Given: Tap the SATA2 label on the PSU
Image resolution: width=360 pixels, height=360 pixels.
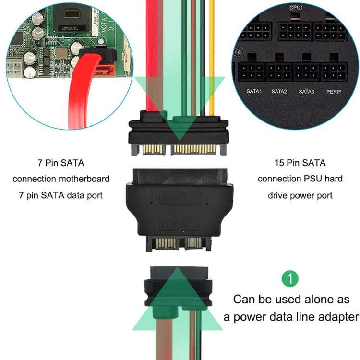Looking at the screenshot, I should click(x=279, y=91).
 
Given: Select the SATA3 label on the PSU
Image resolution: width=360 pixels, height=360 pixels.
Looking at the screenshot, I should click(x=306, y=91).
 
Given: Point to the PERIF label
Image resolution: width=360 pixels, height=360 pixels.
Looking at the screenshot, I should click(x=334, y=91).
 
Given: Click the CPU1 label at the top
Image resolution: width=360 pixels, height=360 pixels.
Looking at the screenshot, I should click(x=296, y=8).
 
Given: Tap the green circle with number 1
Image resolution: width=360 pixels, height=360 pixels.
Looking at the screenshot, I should click(x=290, y=278).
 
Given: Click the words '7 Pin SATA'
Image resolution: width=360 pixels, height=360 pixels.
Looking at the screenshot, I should click(x=61, y=163).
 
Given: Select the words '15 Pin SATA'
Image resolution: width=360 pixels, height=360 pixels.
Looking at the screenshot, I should click(x=300, y=163).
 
